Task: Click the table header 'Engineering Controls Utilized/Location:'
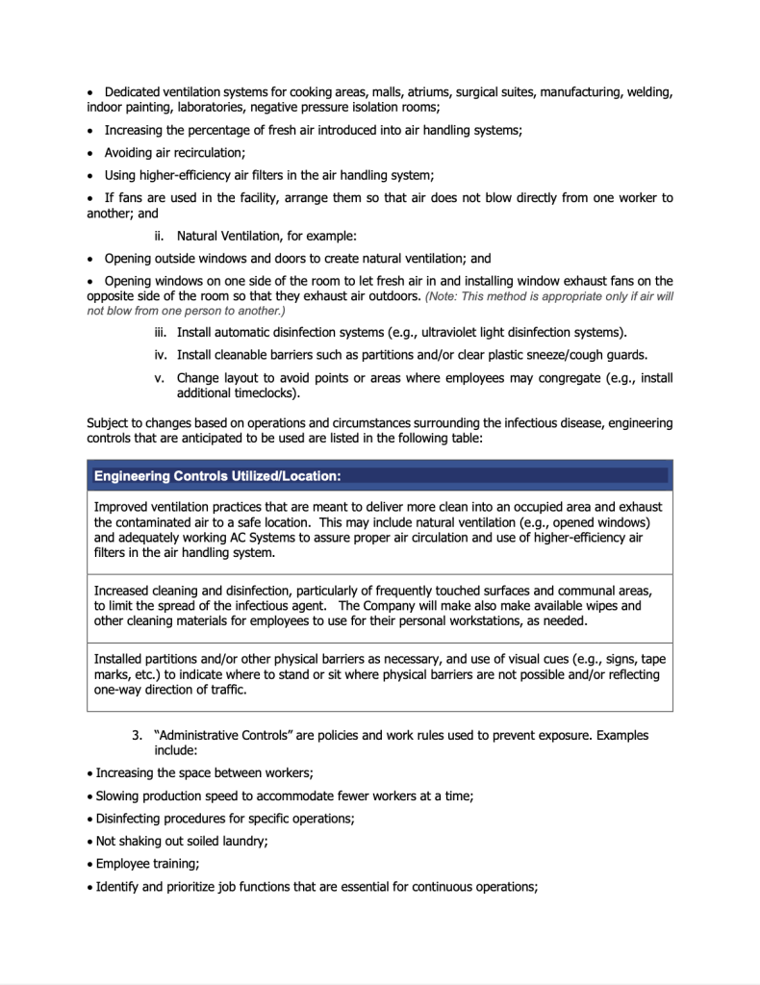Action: coord(217,475)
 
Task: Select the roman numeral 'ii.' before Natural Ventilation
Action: coord(161,237)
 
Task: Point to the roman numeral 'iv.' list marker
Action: coord(160,355)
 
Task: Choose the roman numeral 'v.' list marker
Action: coord(161,378)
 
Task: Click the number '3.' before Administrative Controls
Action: coord(138,735)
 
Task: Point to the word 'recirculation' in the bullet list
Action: coord(205,152)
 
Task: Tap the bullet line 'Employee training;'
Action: coord(147,864)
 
